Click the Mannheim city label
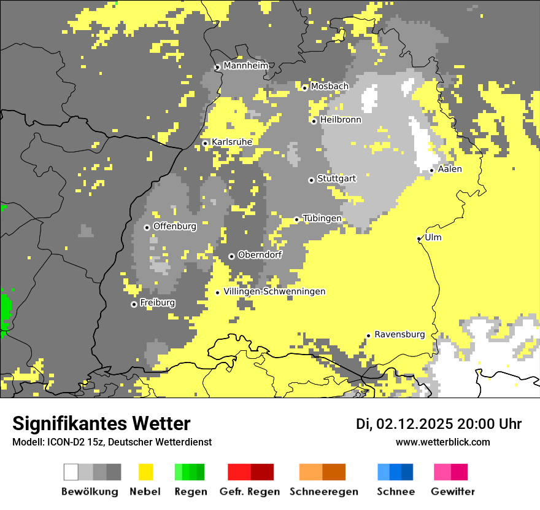245,66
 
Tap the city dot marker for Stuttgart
311,180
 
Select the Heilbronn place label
340,120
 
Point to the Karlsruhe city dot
206,143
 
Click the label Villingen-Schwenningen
274,291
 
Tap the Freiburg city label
157,303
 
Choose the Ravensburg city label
399,334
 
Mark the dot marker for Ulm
418,238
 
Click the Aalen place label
450,169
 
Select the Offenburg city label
174,226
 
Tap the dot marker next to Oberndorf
231,256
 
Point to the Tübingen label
322,218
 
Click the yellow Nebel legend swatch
145,472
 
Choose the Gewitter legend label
452,492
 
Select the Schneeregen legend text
323,492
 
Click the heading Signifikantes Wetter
101,423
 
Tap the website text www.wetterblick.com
442,442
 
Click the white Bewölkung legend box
71,472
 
